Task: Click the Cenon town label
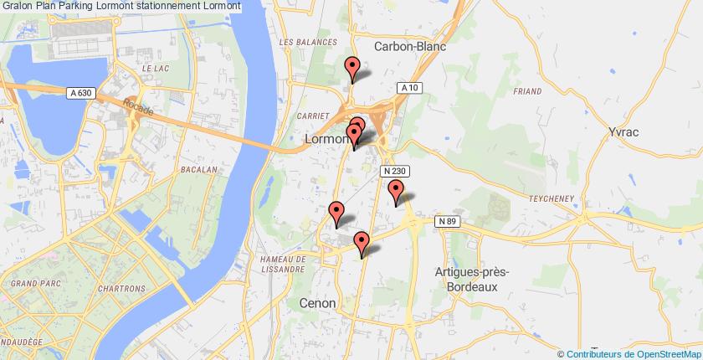point(318,302)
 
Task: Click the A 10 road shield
point(408,88)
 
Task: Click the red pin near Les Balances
point(352,67)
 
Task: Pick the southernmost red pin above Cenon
point(362,243)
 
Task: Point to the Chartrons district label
point(121,289)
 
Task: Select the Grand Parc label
point(33,284)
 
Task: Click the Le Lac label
point(156,68)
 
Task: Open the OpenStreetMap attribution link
point(632,353)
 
